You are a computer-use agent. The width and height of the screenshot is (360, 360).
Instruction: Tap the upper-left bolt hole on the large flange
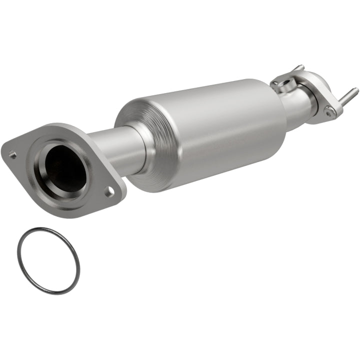coord(12,154)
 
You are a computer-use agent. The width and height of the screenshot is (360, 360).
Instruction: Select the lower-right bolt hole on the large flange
coord(108,190)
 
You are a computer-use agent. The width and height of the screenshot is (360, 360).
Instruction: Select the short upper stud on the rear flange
coord(298,67)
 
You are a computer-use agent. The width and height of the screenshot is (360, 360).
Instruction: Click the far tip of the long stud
coord(355,90)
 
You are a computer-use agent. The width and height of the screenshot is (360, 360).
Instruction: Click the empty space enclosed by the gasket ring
coord(48,260)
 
